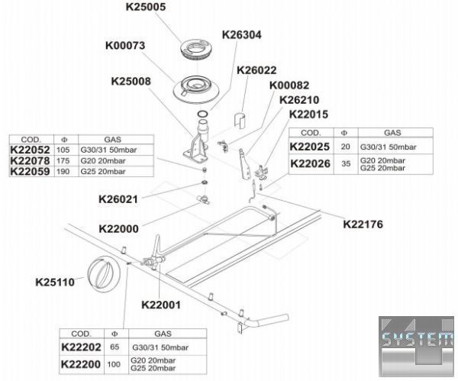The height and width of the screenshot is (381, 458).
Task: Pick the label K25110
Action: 55,282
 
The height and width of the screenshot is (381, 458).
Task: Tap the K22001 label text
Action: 160,304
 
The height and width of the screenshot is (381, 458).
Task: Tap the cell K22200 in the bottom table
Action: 81,364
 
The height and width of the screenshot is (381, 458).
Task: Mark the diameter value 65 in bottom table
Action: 114,347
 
